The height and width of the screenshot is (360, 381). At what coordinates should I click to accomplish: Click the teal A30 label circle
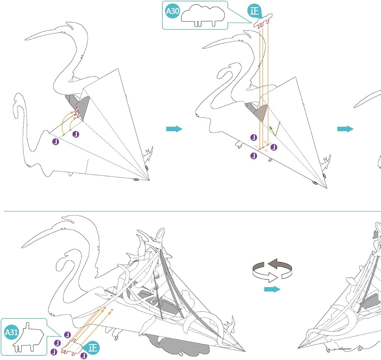click(172, 11)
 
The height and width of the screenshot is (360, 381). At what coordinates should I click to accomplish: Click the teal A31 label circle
click(11, 332)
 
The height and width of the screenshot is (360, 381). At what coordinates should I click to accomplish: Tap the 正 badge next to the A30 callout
click(254, 11)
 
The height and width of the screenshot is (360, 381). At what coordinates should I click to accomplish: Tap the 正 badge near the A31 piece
click(93, 347)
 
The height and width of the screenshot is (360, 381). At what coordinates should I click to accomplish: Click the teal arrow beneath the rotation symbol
click(272, 289)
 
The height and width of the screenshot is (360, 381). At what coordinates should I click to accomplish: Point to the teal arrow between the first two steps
click(174, 129)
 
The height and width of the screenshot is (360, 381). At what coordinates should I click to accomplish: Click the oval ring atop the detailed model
click(160, 235)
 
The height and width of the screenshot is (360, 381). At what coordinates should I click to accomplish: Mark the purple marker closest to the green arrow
click(274, 147)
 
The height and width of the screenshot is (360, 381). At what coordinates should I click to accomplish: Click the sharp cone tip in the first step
click(149, 180)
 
